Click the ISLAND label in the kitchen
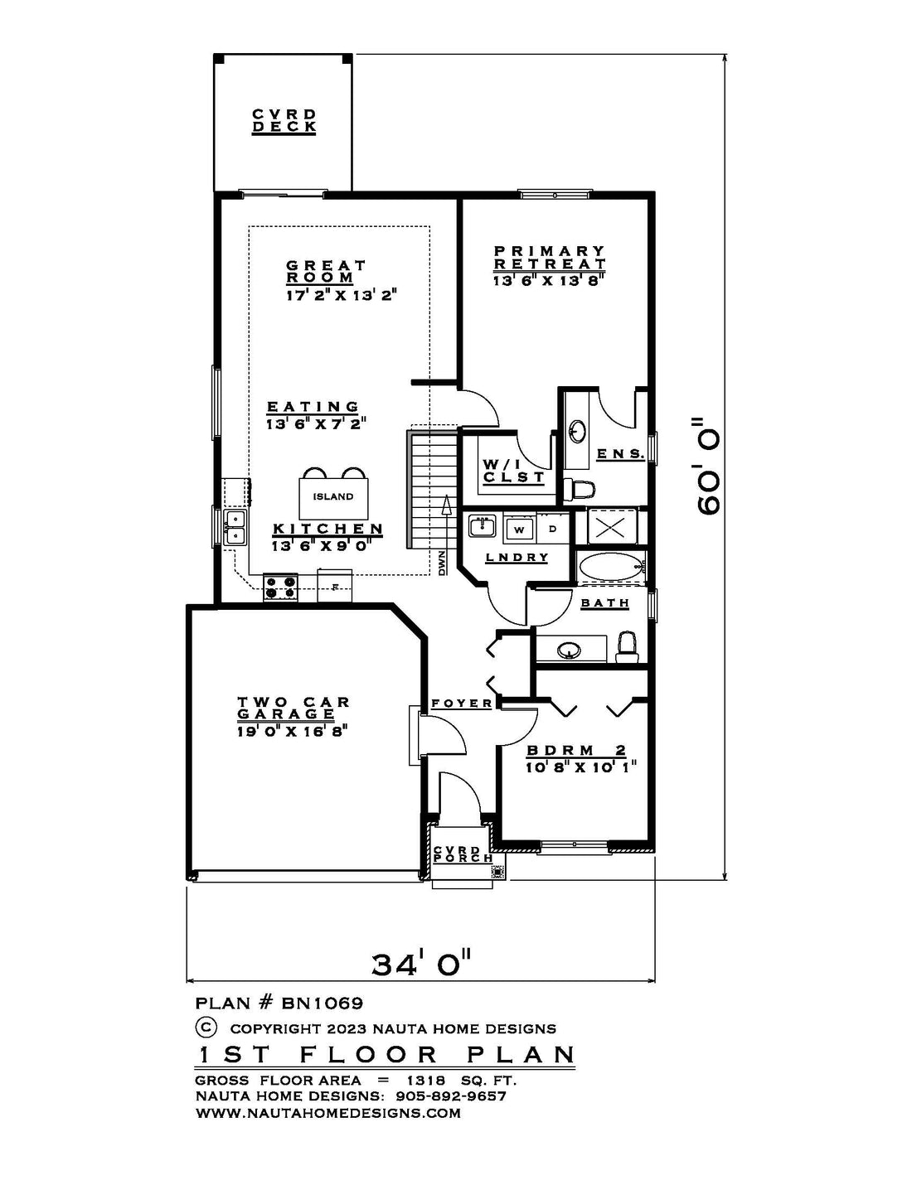pyautogui.click(x=333, y=496)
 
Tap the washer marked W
pyautogui.click(x=519, y=530)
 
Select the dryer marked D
pyautogui.click(x=553, y=529)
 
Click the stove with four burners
pyautogui.click(x=280, y=588)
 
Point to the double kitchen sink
pyautogui.click(x=235, y=527)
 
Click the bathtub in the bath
pyautogui.click(x=611, y=568)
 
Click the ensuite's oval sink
pyautogui.click(x=577, y=432)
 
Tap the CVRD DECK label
pyautogui.click(x=284, y=120)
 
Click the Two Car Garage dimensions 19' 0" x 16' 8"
pyautogui.click(x=292, y=732)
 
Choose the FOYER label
pyautogui.click(x=462, y=704)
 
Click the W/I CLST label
pyautogui.click(x=513, y=471)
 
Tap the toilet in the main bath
pyautogui.click(x=627, y=646)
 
